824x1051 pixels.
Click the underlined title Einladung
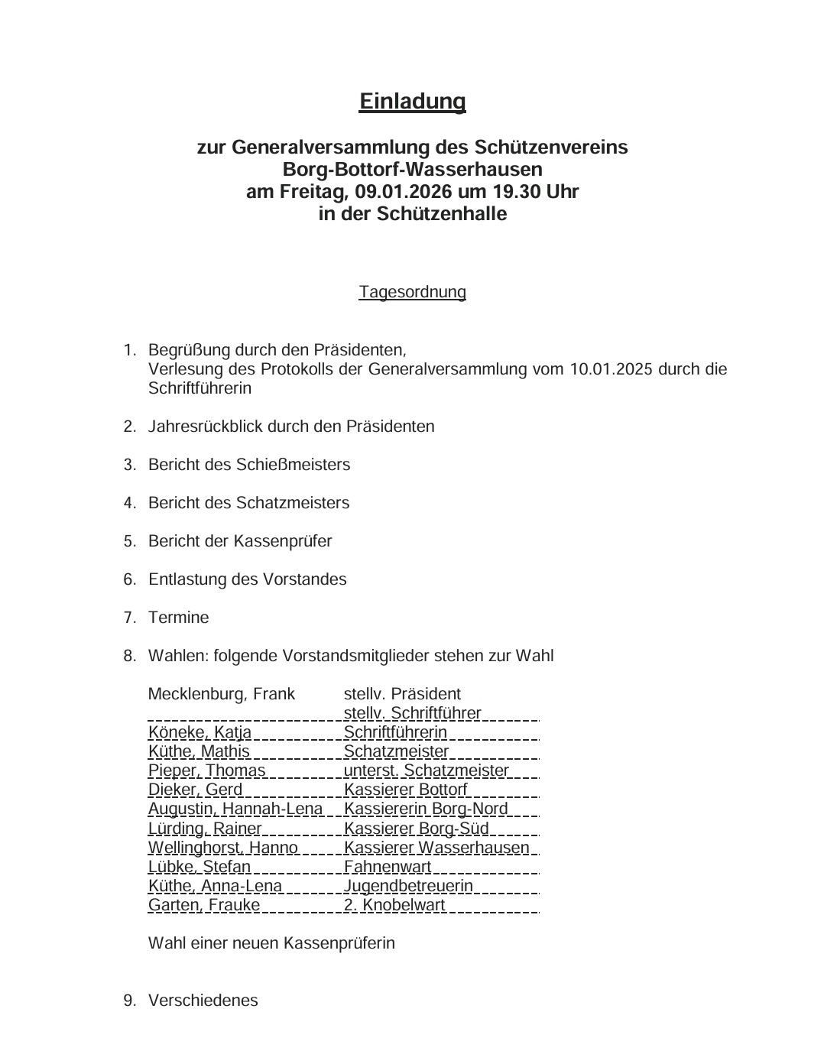pyautogui.click(x=412, y=101)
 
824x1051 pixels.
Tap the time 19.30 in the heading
pyautogui.click(x=521, y=191)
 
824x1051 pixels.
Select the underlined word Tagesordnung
pyautogui.click(x=412, y=292)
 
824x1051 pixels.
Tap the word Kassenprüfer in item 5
pyautogui.click(x=282, y=541)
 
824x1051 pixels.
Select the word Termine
pyautogui.click(x=178, y=618)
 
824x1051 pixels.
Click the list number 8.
pyautogui.click(x=129, y=656)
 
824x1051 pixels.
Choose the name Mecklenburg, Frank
pyautogui.click(x=221, y=694)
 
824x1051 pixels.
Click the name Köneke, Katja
pyautogui.click(x=200, y=732)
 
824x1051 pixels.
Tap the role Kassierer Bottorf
pyautogui.click(x=405, y=790)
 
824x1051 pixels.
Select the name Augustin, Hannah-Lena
pyautogui.click(x=235, y=809)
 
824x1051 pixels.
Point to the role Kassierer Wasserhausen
pyautogui.click(x=436, y=848)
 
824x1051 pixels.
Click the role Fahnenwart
pyautogui.click(x=388, y=867)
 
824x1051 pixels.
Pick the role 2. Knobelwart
pyautogui.click(x=394, y=905)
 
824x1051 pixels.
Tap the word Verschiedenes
pyautogui.click(x=203, y=1001)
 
